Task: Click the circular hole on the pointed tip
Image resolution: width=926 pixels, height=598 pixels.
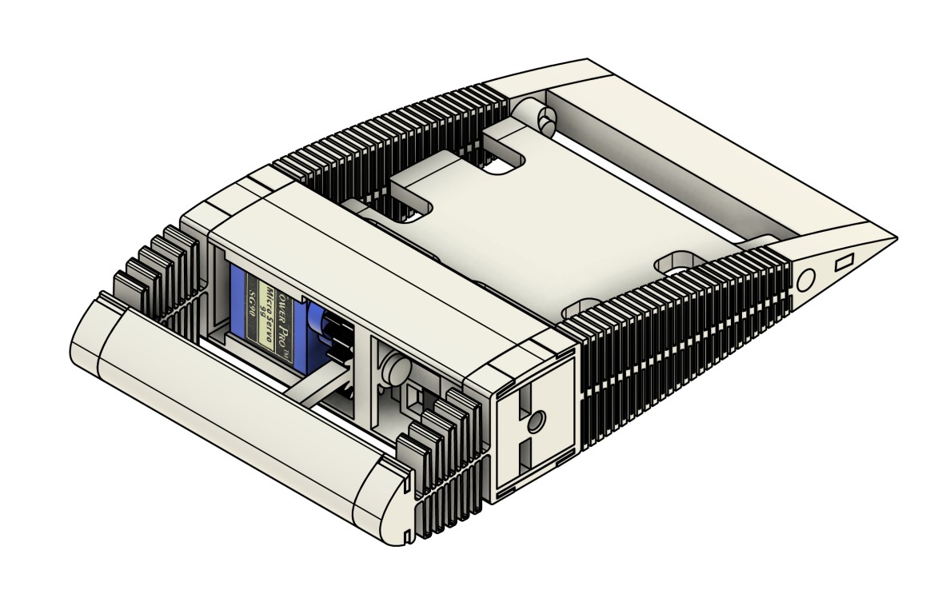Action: [805, 279]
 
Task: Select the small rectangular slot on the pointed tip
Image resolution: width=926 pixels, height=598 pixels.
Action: [844, 263]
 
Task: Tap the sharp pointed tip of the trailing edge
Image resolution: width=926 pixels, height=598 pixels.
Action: [893, 237]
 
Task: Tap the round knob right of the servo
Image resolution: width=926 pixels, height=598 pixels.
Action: [393, 367]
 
